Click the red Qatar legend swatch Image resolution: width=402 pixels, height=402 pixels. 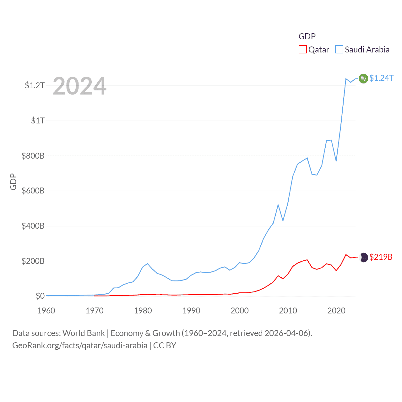click(x=302, y=50)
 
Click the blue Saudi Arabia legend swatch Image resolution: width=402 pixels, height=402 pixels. click(x=339, y=50)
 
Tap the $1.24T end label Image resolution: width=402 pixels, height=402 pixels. click(x=381, y=78)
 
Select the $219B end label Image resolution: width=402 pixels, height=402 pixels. click(x=381, y=257)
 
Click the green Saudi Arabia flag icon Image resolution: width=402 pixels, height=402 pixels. click(x=363, y=79)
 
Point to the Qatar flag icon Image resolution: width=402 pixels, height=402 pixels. click(x=364, y=258)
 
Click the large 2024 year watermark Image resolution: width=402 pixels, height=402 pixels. click(x=79, y=86)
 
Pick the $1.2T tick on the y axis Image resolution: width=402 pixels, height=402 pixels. click(x=35, y=85)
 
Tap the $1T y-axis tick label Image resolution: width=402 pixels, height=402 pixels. click(x=38, y=121)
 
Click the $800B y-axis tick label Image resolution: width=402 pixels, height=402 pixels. click(x=33, y=156)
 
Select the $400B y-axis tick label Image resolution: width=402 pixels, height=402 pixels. click(x=33, y=226)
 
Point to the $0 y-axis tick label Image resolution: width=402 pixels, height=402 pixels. click(x=40, y=296)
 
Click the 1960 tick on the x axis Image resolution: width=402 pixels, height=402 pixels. click(x=46, y=311)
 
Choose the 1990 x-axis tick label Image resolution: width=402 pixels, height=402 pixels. click(x=191, y=311)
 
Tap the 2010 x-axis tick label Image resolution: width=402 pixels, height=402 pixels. click(x=288, y=311)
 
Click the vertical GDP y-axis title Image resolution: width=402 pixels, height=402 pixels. click(x=13, y=182)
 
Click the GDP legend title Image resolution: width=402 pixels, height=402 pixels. click(x=307, y=36)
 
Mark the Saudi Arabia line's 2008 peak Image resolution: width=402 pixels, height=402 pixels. click(x=278, y=205)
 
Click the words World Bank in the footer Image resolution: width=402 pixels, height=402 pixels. click(x=84, y=333)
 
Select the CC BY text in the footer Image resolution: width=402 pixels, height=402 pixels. click(x=165, y=345)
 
